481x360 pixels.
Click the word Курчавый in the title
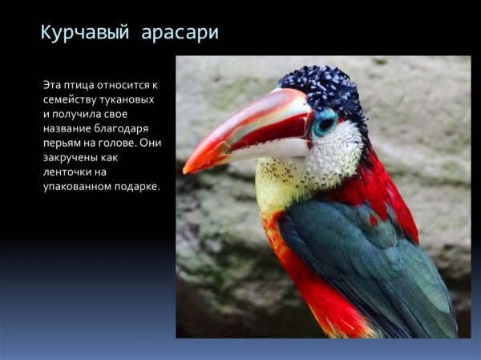click(83, 34)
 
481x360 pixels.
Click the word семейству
click(72, 99)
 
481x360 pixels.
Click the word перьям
click(65, 143)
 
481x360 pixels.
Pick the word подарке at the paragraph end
click(137, 187)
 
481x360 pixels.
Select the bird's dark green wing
click(369, 257)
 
